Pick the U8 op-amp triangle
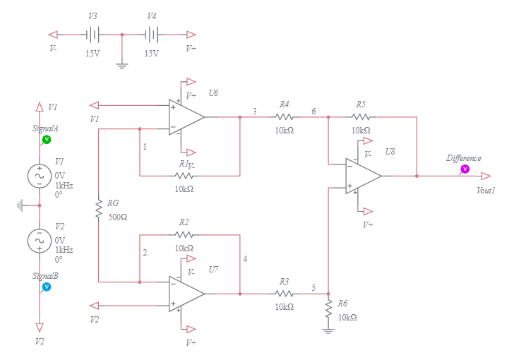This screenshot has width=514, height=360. coord(363,176)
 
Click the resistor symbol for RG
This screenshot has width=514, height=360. coord(99,208)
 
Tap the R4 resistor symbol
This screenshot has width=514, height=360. coord(284,117)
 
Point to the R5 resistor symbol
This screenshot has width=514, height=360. coord(360,117)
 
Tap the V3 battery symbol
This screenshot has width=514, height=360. coord(92,34)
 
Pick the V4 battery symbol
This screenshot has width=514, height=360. coord(152,34)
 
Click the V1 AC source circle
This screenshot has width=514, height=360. coord(40,176)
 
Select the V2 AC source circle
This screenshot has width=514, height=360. coord(40,241)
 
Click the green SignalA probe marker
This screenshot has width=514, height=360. coord(47,140)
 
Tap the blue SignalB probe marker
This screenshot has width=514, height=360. coord(47,287)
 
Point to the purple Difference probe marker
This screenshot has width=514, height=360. coord(465,169)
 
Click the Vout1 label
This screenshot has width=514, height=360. coord(486,190)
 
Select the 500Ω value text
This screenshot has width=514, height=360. coord(118,217)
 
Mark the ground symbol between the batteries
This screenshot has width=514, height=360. coord(122,65)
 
